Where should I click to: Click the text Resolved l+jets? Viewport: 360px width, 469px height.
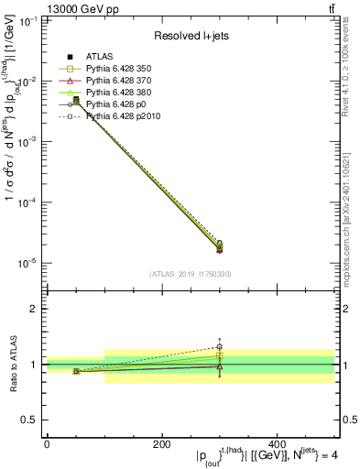[x=190, y=36]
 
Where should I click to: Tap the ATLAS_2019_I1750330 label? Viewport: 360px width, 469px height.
[x=190, y=274]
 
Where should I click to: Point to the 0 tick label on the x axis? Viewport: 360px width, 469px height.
[x=47, y=444]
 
